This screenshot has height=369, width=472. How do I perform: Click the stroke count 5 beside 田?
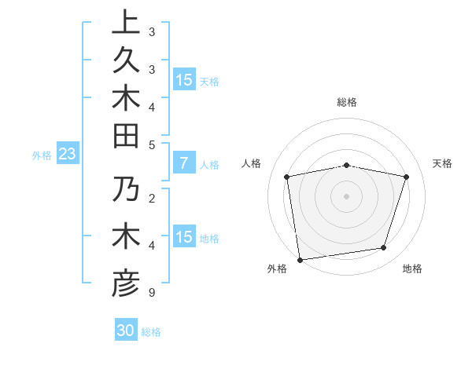click(152, 144)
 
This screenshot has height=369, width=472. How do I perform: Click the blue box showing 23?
click(68, 155)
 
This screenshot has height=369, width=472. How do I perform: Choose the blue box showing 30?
click(126, 331)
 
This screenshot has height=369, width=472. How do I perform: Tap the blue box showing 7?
click(184, 164)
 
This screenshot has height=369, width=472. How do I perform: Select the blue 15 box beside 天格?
click(184, 80)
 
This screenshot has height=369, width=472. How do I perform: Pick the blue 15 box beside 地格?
click(184, 237)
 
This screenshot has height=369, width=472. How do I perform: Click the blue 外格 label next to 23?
click(42, 155)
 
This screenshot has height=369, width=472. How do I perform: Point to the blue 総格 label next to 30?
click(151, 332)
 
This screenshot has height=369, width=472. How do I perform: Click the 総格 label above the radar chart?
click(347, 102)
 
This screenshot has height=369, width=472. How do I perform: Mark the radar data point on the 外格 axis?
click(300, 259)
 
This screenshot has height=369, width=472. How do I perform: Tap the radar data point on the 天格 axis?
click(407, 177)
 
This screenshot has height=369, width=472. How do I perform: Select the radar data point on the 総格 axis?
click(347, 165)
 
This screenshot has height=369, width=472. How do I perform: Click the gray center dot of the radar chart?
click(347, 195)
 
